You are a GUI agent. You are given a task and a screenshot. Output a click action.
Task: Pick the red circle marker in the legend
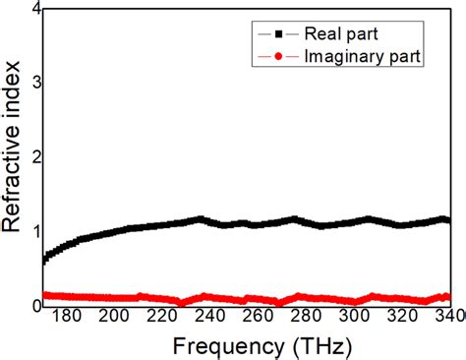pyautogui.click(x=279, y=58)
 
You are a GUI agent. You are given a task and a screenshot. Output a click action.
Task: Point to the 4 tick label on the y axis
pyautogui.click(x=35, y=10)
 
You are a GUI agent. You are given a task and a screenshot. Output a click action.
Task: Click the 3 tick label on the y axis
pyautogui.click(x=35, y=84)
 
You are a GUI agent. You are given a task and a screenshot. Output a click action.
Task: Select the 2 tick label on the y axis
pyautogui.click(x=35, y=157)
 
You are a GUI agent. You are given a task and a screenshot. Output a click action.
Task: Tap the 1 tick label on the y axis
pyautogui.click(x=35, y=231)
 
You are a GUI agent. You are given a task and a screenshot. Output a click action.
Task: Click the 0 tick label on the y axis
pyautogui.click(x=35, y=304)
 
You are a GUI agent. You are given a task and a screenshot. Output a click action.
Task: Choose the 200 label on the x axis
pyautogui.click(x=115, y=317)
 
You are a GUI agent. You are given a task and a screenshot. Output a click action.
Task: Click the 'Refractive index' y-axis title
pyautogui.click(x=13, y=158)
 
